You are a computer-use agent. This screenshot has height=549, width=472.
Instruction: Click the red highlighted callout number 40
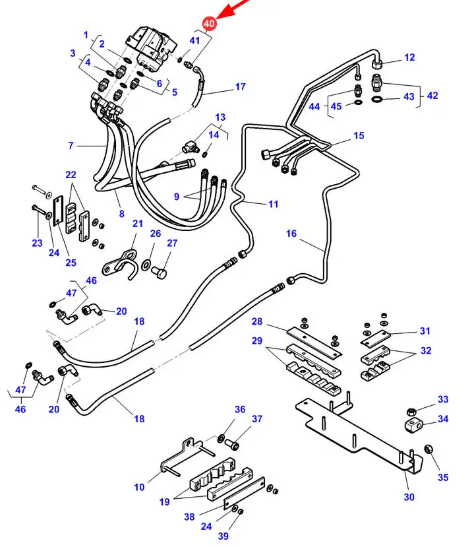pyautogui.click(x=210, y=24)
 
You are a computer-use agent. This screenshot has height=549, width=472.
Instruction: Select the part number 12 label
pyautogui.click(x=409, y=57)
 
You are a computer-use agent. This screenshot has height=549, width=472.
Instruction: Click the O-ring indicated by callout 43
pyautogui.click(x=377, y=100)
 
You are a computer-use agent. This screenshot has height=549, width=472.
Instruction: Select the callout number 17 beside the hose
pyautogui.click(x=240, y=86)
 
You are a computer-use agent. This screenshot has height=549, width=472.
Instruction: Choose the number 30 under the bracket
pyautogui.click(x=409, y=497)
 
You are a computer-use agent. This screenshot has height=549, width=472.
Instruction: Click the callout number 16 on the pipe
pyautogui.click(x=291, y=234)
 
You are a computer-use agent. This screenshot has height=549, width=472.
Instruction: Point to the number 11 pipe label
pyautogui.click(x=273, y=204)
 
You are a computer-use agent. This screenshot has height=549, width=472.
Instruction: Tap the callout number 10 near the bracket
pyautogui.click(x=139, y=488)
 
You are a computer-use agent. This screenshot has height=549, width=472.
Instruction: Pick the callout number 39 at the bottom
pyautogui.click(x=223, y=536)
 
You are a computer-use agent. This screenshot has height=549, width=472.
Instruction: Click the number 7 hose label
pyautogui.click(x=71, y=145)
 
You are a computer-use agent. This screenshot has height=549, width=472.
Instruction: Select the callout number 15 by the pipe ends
pyautogui.click(x=359, y=136)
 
